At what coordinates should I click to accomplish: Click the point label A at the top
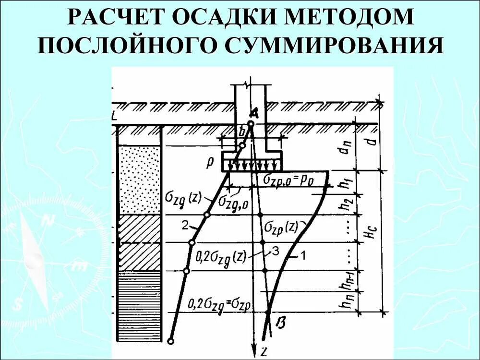pyautogui.click(x=254, y=113)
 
